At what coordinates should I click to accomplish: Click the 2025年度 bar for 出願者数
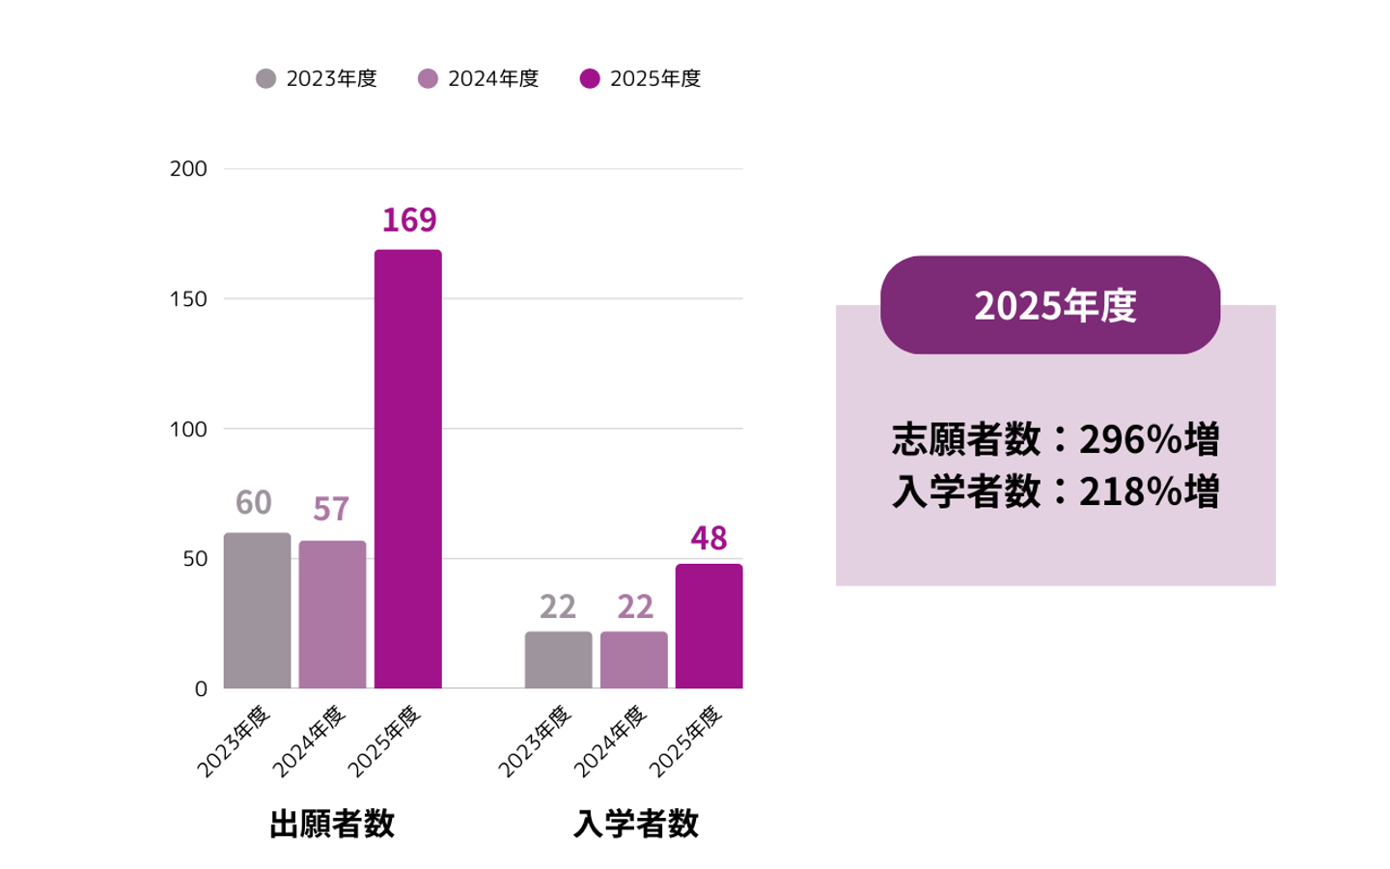pyautogui.click(x=407, y=469)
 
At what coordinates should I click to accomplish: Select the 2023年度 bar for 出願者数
pyautogui.click(x=257, y=610)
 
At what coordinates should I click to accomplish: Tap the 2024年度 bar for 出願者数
pyautogui.click(x=332, y=614)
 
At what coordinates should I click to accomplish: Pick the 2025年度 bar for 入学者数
pyautogui.click(x=709, y=626)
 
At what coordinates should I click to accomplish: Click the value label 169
pyautogui.click(x=409, y=220)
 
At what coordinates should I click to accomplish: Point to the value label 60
pyautogui.click(x=254, y=503)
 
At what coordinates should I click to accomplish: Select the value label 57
pyautogui.click(x=331, y=509)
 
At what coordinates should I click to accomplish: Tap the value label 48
pyautogui.click(x=709, y=538)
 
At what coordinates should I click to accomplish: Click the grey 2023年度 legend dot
pyautogui.click(x=265, y=79)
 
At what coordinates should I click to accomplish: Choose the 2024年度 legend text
pyautogui.click(x=493, y=79)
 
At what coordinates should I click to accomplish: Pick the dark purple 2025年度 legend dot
pyautogui.click(x=590, y=79)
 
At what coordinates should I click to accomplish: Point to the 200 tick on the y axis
pyautogui.click(x=188, y=169)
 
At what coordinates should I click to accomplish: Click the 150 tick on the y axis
pyautogui.click(x=188, y=299)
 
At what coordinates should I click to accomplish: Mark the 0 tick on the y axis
pyautogui.click(x=201, y=689)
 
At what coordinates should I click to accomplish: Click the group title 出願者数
pyautogui.click(x=332, y=824)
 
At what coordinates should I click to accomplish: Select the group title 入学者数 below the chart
pyautogui.click(x=635, y=824)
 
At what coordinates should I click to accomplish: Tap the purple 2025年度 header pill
pyautogui.click(x=1050, y=305)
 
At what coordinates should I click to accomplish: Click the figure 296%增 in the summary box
pyautogui.click(x=1149, y=440)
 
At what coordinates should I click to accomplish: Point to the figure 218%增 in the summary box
pyautogui.click(x=1149, y=491)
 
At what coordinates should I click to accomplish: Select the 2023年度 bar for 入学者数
pyautogui.click(x=558, y=660)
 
